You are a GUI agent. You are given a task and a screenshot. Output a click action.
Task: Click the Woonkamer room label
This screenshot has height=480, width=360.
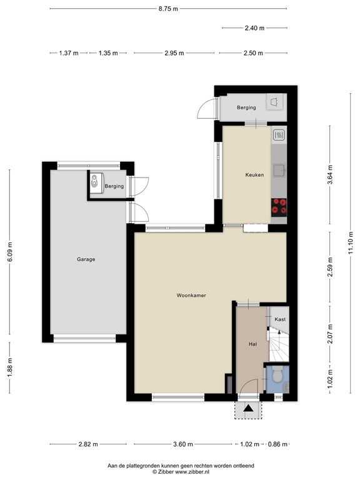point(191,295)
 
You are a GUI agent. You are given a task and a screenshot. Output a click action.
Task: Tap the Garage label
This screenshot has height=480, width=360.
point(86,259)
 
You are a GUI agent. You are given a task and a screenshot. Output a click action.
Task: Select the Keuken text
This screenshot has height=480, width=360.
point(254,175)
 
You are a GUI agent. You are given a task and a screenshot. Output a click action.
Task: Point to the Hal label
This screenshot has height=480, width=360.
point(253,343)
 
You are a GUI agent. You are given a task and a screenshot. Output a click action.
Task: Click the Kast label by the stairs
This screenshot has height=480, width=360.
point(279,320)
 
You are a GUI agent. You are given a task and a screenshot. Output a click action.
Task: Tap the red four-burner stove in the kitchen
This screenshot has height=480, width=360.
point(279,206)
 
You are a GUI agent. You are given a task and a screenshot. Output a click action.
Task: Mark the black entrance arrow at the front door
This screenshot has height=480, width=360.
point(249,409)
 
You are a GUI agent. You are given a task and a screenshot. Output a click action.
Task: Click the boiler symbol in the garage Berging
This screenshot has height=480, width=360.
point(94,182)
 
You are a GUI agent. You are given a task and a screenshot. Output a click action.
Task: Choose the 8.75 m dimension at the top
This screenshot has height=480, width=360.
point(168,9)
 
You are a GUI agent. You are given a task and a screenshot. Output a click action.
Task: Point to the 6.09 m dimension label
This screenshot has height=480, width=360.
point(9,253)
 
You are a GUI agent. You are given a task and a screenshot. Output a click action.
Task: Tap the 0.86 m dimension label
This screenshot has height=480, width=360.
point(277,444)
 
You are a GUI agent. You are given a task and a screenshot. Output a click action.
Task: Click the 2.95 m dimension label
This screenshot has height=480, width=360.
point(174,53)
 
